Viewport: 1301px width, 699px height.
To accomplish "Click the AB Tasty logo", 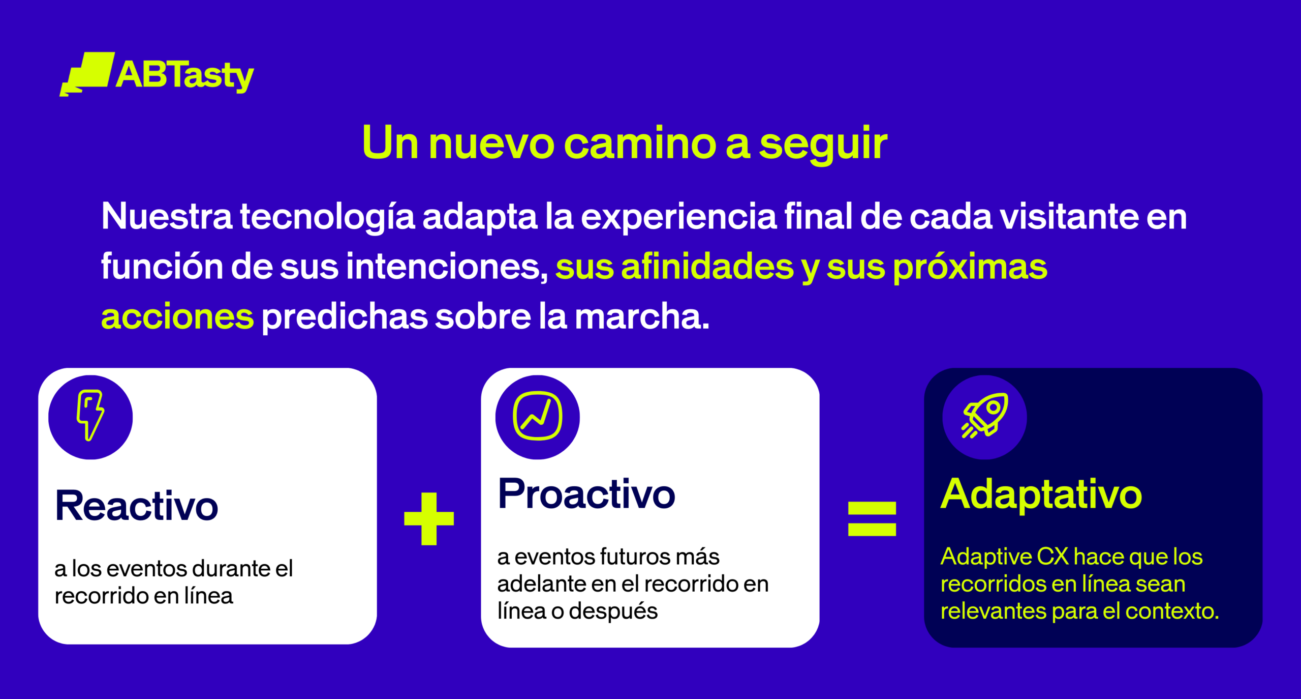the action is click(x=157, y=74).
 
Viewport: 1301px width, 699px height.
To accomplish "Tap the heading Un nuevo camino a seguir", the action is click(x=625, y=143).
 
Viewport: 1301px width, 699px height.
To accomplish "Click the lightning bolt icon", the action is click(x=90, y=415).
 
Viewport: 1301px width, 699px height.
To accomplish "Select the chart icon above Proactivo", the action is click(x=538, y=416).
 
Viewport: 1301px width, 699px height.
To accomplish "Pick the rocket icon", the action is click(x=985, y=415).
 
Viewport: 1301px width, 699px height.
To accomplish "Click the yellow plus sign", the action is click(x=429, y=518).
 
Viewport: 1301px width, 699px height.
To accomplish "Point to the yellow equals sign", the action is click(x=872, y=518).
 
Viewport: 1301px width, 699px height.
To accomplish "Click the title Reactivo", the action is click(x=137, y=506).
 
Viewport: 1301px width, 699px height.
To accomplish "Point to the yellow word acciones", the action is click(x=177, y=317).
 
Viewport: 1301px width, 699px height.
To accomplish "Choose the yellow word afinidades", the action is click(x=707, y=266).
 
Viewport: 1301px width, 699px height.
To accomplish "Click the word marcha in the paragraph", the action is click(x=642, y=316).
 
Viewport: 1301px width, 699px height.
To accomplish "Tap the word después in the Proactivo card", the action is click(x=613, y=611).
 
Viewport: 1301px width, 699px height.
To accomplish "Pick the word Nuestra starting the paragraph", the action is click(x=167, y=216).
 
